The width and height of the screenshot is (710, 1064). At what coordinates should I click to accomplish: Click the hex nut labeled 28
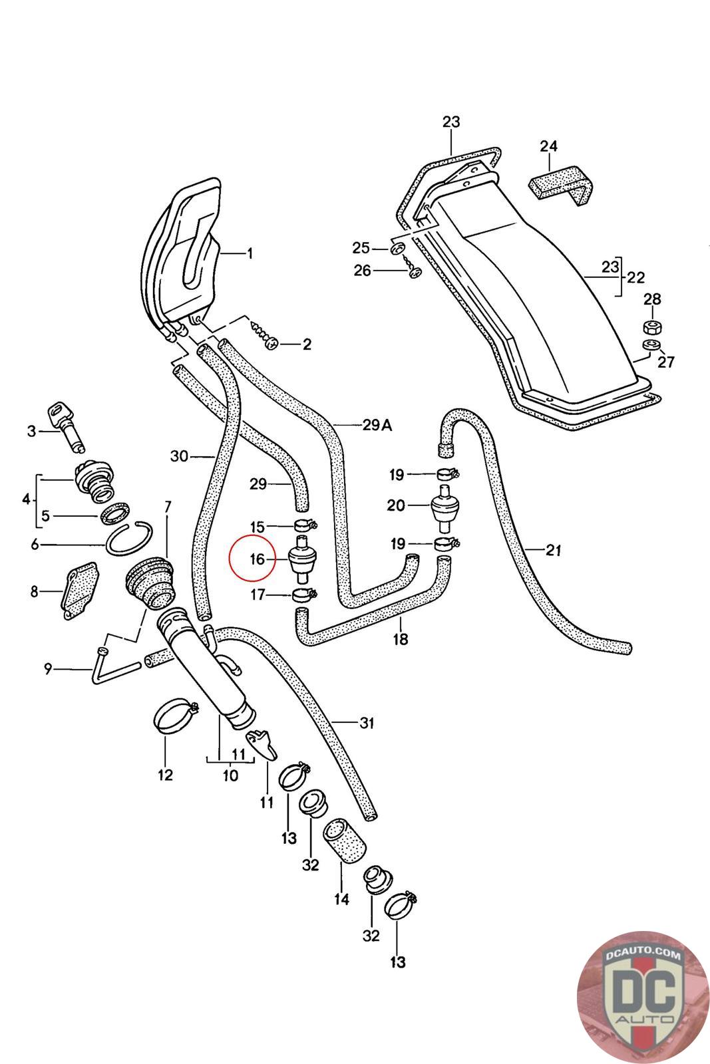point(651,327)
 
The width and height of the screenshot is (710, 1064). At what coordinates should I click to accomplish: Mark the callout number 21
point(554,551)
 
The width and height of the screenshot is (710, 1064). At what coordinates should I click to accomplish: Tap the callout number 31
point(367,723)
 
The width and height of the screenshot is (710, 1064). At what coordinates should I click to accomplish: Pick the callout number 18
point(401,640)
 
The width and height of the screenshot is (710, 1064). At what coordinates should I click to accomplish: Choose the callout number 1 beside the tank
point(250,253)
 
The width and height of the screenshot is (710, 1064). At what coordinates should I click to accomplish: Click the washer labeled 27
point(649,345)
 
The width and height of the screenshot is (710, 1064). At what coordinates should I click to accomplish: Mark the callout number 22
point(635,277)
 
